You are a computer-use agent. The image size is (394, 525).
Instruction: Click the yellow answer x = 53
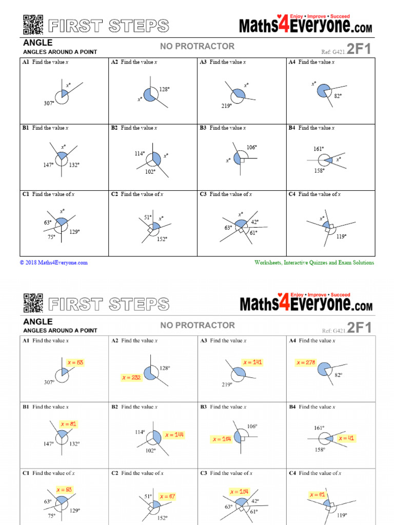[75, 362]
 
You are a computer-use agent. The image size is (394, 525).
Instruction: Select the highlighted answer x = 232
[131, 377]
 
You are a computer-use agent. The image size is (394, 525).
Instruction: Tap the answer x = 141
[253, 362]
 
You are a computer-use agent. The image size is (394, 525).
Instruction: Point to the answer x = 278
[306, 362]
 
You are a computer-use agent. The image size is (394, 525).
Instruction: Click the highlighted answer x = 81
[68, 424]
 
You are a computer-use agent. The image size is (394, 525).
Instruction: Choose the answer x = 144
[174, 435]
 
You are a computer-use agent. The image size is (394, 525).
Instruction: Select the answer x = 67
[167, 496]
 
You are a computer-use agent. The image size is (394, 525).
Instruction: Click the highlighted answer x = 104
[240, 492]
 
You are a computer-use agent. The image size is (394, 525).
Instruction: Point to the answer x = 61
[318, 495]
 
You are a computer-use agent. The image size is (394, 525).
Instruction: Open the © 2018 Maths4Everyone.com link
[54, 262]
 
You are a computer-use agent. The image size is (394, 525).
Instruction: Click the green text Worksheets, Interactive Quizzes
[314, 262]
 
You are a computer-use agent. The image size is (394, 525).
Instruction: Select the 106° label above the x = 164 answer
[251, 426]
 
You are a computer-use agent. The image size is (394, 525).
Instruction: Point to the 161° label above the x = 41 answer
[319, 428]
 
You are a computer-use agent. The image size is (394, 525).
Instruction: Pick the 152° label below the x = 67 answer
[163, 518]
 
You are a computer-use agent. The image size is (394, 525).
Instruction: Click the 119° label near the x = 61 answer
[342, 515]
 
